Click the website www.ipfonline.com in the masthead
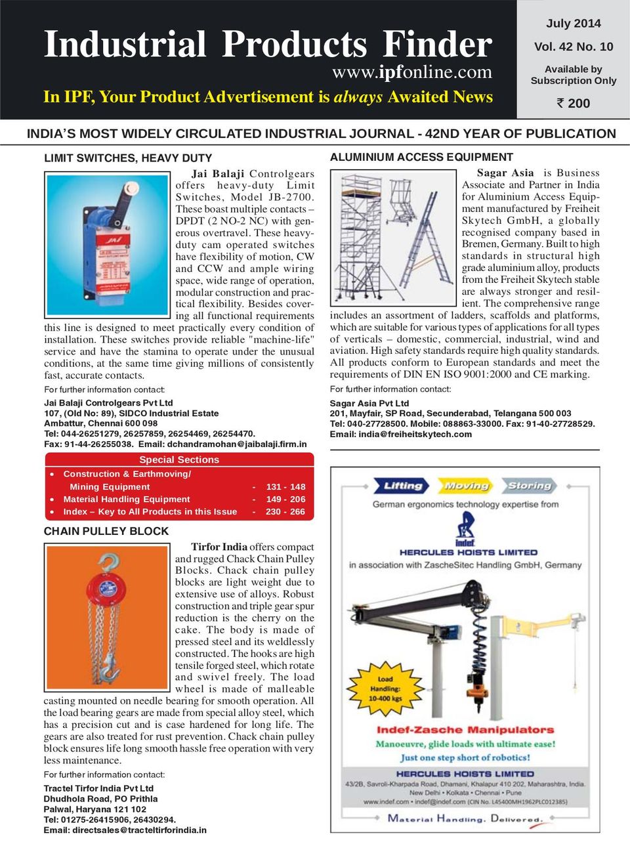point(411,72)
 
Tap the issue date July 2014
point(573,24)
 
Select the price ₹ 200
point(573,103)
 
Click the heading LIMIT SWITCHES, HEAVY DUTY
point(128,158)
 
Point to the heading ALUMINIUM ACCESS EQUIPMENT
point(421,158)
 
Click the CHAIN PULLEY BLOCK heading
point(106,531)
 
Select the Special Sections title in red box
point(179,459)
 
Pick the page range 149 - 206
point(285,499)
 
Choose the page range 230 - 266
point(285,511)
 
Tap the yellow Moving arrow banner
point(465,486)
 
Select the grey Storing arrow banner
point(529,486)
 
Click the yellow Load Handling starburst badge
point(385,689)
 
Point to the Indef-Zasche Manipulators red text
point(465,729)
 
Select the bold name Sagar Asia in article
point(505,173)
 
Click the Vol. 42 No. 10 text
point(573,47)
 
